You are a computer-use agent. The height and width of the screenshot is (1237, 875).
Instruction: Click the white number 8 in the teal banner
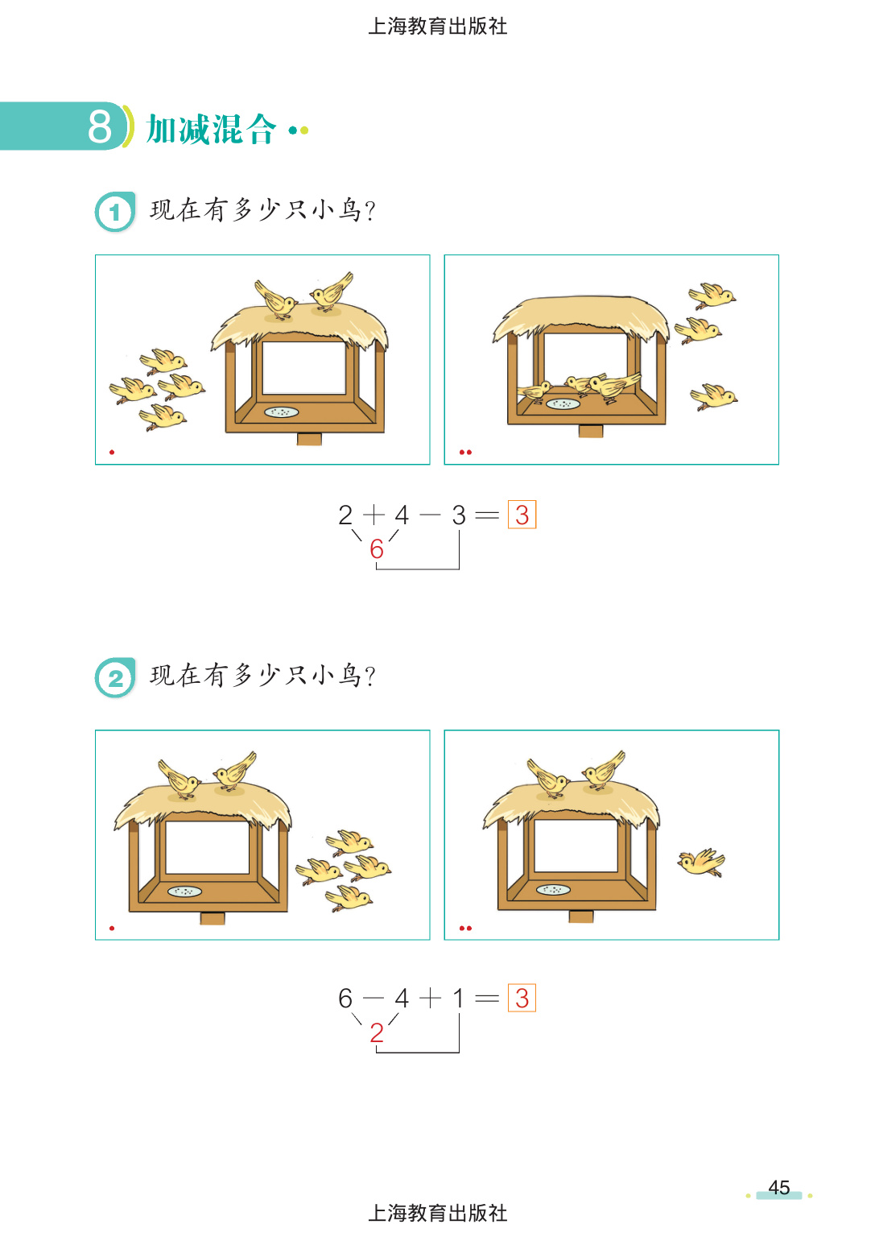pos(100,127)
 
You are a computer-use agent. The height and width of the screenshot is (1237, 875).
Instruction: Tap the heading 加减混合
pos(212,130)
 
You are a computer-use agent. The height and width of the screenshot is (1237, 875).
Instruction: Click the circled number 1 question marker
pos(115,212)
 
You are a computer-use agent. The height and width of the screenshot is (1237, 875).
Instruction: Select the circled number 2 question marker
pos(115,677)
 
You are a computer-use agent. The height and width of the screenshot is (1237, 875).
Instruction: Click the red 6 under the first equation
pos(377,549)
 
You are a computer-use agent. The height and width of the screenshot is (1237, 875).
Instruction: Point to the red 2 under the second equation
pos(377,1032)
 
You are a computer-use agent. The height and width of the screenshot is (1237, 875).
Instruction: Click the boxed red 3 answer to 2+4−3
pos(522,515)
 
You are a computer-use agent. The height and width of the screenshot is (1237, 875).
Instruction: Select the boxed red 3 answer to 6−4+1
pos(522,998)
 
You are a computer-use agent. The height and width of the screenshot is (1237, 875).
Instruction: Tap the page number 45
pos(779,1187)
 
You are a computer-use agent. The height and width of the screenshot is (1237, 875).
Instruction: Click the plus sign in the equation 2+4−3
pos(374,515)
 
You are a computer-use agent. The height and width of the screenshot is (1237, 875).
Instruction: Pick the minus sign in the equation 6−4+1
pos(374,998)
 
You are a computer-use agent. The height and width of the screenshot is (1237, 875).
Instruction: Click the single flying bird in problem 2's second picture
pos(701,862)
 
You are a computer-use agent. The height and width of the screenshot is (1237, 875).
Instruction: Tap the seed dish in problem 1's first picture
pos(282,412)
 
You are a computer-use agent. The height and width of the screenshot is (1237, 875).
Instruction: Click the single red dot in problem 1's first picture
pos(112,453)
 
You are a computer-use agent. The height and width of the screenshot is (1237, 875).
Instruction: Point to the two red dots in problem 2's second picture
pos(465,929)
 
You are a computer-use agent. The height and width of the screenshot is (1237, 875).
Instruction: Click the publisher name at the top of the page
pos(437,26)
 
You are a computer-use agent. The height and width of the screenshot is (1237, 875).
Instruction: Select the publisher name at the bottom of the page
pos(437,1213)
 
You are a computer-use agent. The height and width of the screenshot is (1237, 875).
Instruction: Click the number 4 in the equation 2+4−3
pos(402,515)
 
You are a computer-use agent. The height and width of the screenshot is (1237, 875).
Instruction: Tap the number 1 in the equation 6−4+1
pos(458,999)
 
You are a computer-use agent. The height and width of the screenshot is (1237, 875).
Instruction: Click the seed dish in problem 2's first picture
pos(184,892)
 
